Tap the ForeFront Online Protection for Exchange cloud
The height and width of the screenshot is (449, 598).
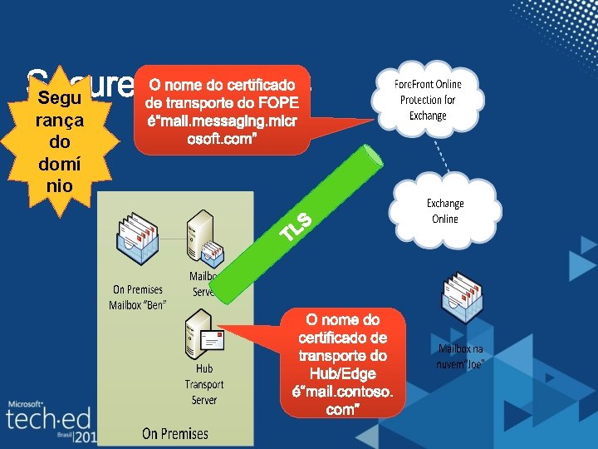[428, 100]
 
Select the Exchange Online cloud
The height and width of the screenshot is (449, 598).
[445, 211]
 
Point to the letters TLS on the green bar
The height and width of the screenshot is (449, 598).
[296, 226]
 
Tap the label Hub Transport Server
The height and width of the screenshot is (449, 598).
[204, 384]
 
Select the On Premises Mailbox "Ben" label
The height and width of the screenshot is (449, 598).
[138, 297]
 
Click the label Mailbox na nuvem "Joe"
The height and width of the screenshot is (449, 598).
[461, 357]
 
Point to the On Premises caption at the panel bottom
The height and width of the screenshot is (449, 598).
[175, 433]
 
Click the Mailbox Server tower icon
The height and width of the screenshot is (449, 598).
[202, 232]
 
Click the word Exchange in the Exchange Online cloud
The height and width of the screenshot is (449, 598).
[445, 204]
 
